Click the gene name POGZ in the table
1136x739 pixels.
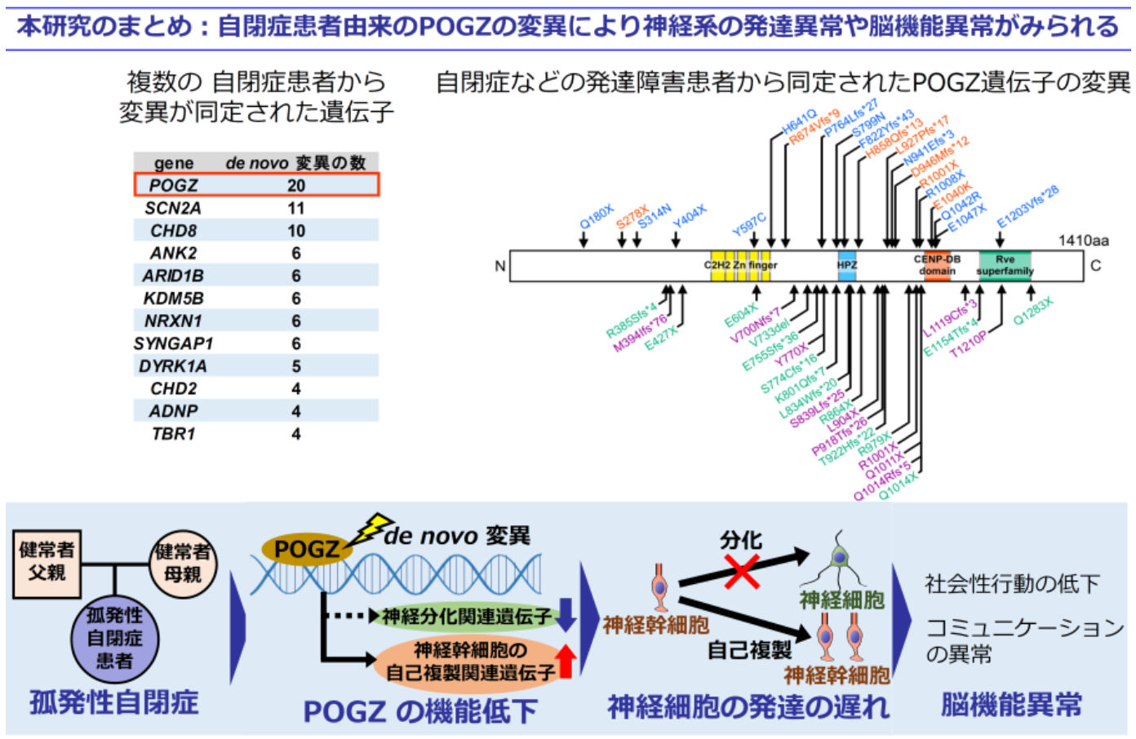[173, 185]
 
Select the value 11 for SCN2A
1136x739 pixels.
[295, 208]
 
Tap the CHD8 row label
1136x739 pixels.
[173, 231]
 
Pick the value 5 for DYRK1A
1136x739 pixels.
[295, 366]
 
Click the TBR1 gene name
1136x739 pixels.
[173, 434]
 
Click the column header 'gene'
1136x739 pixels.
[174, 163]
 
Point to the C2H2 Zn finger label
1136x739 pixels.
[740, 265]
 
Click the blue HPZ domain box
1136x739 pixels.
[847, 266]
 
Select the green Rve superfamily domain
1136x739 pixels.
[1005, 265]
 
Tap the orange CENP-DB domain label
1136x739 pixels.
[937, 266]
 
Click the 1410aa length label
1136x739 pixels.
[1083, 241]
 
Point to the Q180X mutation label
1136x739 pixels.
[596, 218]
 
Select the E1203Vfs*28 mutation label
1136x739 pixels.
[1027, 206]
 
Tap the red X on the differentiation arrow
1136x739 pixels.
[741, 571]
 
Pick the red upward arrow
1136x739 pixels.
[566, 661]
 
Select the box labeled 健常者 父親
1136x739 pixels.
[47, 561]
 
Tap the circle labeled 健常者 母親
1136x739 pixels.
[184, 563]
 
